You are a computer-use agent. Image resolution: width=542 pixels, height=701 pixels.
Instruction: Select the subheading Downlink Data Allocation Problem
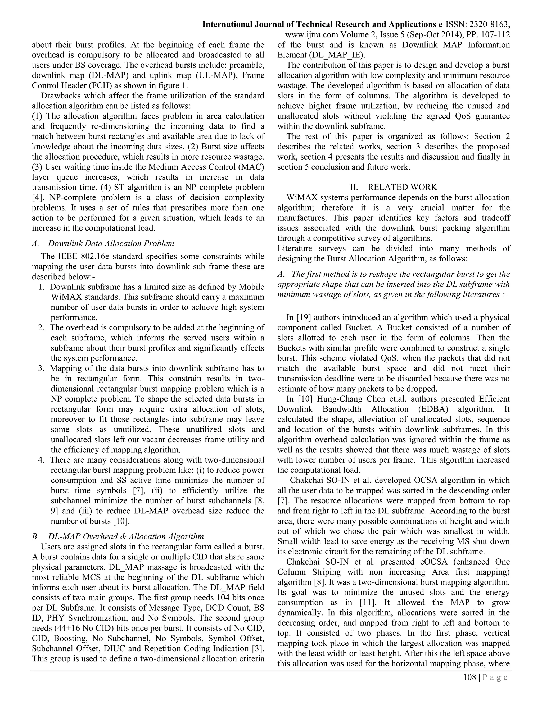pos(111,243)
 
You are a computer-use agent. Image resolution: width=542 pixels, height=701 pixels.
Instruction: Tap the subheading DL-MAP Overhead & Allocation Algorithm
pos(126,536)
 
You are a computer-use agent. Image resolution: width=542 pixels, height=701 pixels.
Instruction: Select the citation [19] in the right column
pos(304,317)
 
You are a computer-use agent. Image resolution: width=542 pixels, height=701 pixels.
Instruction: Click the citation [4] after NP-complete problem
pos(36,197)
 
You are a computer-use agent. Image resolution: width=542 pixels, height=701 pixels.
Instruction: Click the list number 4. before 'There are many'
pos(42,460)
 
